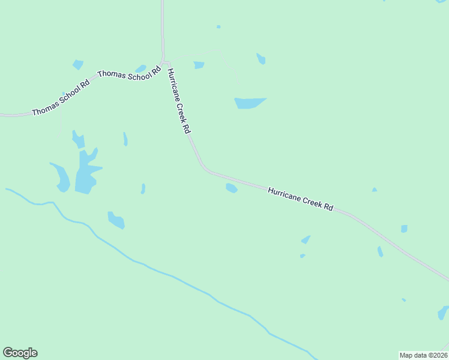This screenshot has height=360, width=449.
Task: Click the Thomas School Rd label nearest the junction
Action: tap(130, 73)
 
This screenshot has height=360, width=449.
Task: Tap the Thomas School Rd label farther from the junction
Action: tap(60, 97)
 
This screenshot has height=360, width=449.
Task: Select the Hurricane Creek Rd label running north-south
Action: tap(179, 101)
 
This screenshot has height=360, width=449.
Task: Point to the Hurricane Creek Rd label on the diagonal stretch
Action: tap(300, 199)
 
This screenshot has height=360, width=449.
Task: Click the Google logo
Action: tap(20, 353)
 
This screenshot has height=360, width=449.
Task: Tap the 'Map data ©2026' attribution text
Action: tap(423, 355)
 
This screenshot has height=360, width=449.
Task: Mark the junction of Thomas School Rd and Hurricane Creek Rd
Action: tap(164, 62)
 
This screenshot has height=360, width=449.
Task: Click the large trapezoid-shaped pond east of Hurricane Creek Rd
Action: tap(249, 103)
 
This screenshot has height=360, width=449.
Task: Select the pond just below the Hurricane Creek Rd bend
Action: tap(231, 188)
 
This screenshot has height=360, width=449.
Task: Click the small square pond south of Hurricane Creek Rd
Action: tap(404, 229)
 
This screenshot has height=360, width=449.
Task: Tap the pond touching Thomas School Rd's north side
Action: tap(140, 68)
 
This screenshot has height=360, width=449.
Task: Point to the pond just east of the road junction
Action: tap(199, 65)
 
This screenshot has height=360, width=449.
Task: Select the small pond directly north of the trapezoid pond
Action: tap(261, 59)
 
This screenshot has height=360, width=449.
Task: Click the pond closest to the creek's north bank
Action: tap(116, 220)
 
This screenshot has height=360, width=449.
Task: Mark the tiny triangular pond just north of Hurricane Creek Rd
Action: tap(374, 190)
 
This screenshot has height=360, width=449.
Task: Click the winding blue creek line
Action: tap(174, 278)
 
